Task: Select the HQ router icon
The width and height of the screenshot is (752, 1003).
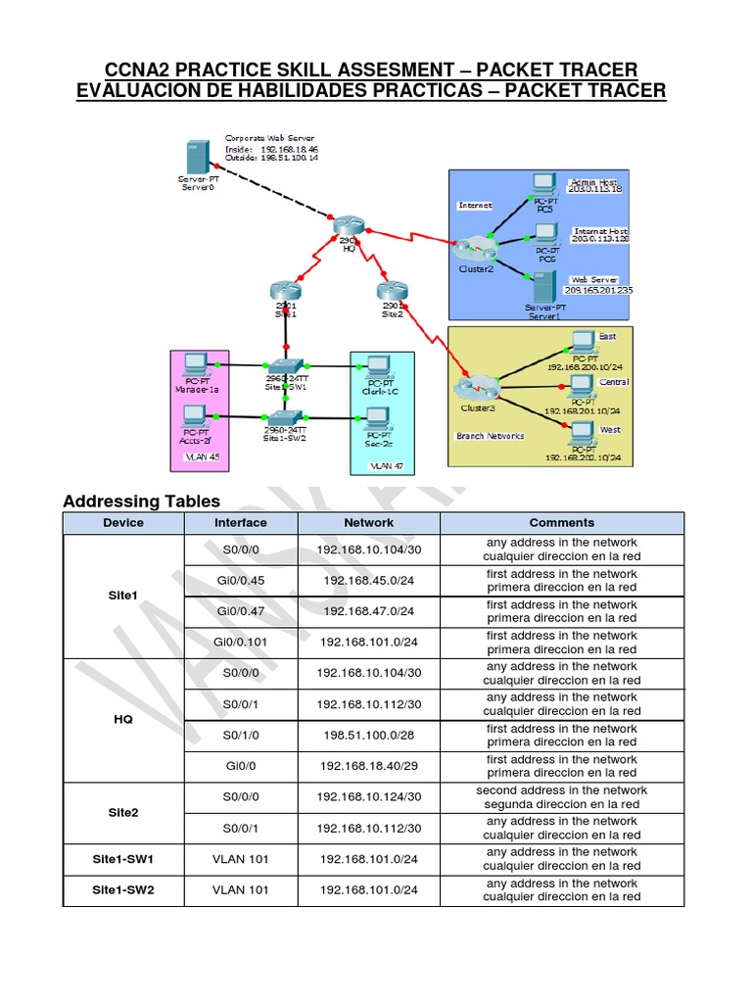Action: [x=348, y=226]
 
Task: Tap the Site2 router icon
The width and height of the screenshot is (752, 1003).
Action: [x=391, y=291]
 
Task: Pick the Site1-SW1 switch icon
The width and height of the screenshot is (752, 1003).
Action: [x=286, y=364]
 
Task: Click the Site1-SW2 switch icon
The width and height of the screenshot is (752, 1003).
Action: [x=285, y=418]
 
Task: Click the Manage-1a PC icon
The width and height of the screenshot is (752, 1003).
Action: [x=196, y=362]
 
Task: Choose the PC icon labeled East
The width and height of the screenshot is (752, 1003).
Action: [x=584, y=341]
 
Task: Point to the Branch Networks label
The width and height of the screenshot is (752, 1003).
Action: [x=490, y=436]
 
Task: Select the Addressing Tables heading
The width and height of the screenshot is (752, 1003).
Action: [x=141, y=501]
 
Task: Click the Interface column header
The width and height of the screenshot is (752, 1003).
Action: [x=240, y=523]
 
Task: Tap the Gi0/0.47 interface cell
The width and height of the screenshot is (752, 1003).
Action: [x=240, y=611]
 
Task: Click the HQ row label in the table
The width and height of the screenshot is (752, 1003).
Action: [x=122, y=719]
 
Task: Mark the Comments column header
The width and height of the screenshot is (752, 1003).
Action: [x=561, y=523]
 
